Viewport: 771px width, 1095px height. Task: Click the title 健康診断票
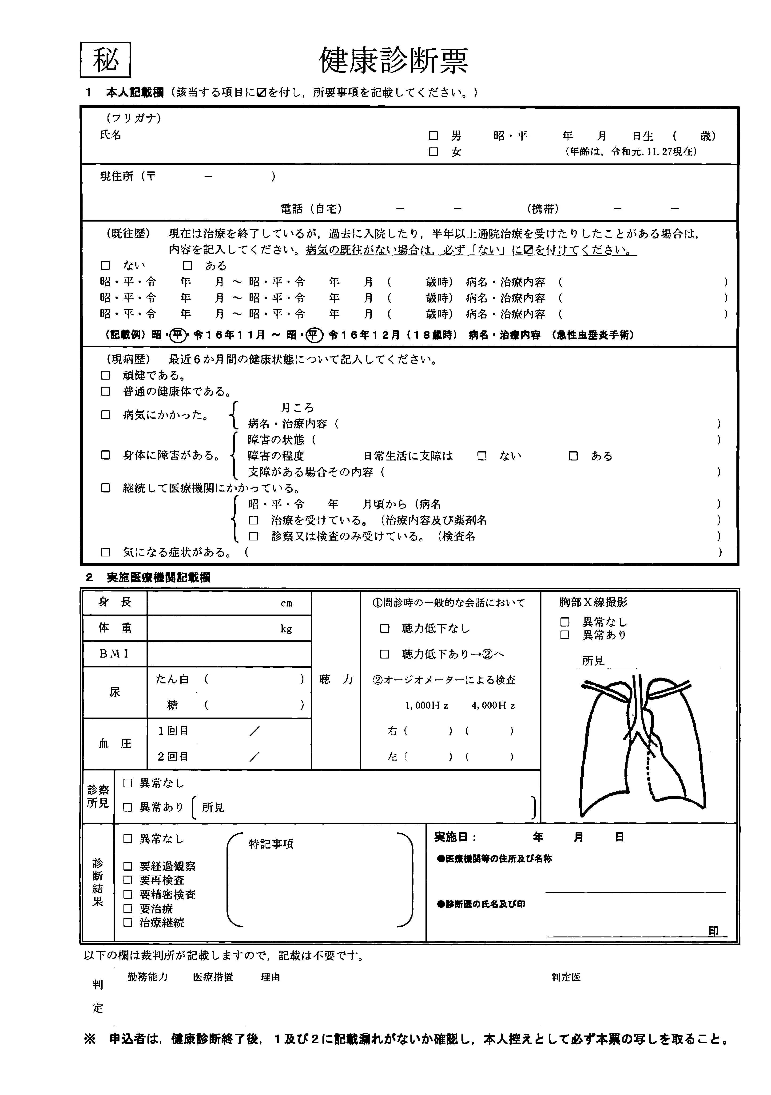(x=393, y=61)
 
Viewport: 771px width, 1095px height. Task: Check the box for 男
(x=433, y=136)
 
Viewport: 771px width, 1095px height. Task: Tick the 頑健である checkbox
(x=105, y=375)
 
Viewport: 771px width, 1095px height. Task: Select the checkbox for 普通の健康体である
(x=105, y=392)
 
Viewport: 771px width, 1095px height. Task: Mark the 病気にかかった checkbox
(x=105, y=415)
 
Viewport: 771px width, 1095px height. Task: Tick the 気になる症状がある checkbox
(x=105, y=552)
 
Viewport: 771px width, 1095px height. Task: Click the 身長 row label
(x=115, y=602)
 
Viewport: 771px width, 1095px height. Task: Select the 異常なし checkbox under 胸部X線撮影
(x=565, y=622)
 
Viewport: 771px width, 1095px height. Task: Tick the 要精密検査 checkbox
(x=128, y=895)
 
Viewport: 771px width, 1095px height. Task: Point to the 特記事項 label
(x=271, y=844)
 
